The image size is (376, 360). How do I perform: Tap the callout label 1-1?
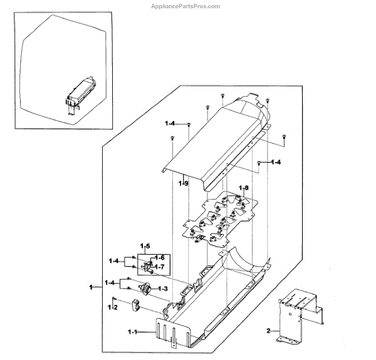pyautogui.click(x=134, y=331)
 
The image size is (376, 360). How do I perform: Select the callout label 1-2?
pyautogui.click(x=113, y=307)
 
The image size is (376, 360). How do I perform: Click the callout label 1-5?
pyautogui.click(x=145, y=245)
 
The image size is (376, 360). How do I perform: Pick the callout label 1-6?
pyautogui.click(x=160, y=258)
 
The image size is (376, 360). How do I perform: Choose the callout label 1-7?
pyautogui.click(x=160, y=267)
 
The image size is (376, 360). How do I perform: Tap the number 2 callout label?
pyautogui.click(x=268, y=330)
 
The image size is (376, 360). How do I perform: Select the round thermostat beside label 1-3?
pyautogui.click(x=144, y=289)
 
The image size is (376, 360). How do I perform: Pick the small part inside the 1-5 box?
pyautogui.click(x=148, y=267)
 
